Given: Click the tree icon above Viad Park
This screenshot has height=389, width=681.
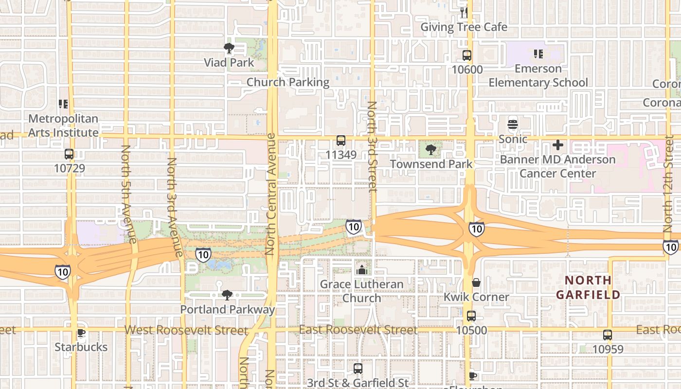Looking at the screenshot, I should click(x=229, y=48).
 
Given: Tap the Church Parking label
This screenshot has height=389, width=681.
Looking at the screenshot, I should click(x=288, y=82).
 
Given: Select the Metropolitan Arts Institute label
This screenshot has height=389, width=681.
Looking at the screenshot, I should click(x=63, y=125).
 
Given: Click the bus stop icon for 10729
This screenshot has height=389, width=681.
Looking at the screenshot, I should click(x=69, y=155).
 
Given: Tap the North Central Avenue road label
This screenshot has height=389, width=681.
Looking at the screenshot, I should click(x=270, y=197).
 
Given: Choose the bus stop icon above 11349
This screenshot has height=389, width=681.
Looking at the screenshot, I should click(x=341, y=141).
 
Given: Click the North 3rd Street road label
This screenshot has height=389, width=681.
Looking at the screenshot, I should click(x=372, y=146).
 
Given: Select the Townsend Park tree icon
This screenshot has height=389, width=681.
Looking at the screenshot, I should click(x=430, y=150).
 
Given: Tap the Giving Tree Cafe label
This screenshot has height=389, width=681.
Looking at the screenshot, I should click(x=464, y=27).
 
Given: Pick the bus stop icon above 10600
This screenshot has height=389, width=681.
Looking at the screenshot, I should click(x=467, y=55).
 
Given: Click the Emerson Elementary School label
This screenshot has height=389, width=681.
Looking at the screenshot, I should click(x=538, y=75).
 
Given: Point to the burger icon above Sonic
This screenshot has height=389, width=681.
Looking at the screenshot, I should click(x=513, y=124).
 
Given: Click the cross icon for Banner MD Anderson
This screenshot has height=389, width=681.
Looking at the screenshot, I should click(x=558, y=145).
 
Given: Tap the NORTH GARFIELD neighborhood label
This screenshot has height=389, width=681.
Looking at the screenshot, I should click(x=588, y=287).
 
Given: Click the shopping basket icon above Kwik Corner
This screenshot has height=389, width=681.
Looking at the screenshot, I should click(x=476, y=283).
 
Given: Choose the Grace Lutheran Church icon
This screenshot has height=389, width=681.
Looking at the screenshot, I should click(x=361, y=270).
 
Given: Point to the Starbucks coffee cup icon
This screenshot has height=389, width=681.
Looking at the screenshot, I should click(x=81, y=333).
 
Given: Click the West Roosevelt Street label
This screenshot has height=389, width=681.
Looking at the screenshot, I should click(x=186, y=330).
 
